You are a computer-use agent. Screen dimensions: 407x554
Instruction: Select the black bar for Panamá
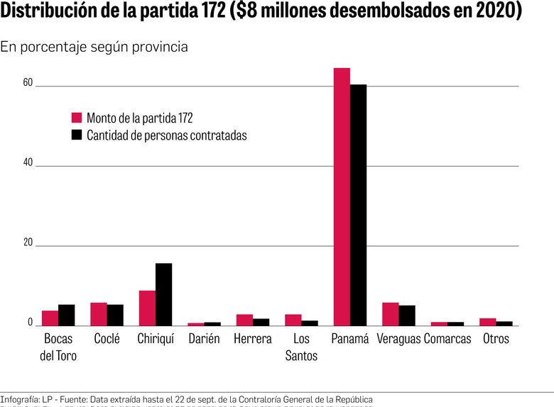(x=358, y=205)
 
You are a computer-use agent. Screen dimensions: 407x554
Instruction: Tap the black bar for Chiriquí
(x=163, y=294)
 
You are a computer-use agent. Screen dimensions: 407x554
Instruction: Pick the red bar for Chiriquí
(x=147, y=308)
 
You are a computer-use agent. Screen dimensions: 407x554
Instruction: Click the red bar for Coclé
(x=99, y=314)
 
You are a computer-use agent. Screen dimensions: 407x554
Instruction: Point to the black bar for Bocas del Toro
(x=66, y=315)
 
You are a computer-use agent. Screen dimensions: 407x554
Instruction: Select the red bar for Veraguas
(x=391, y=314)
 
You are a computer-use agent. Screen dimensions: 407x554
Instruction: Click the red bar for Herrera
(x=244, y=320)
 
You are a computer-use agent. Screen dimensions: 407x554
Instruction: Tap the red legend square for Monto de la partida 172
(x=77, y=117)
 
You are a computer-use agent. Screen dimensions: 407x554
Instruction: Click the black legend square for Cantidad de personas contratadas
(x=77, y=135)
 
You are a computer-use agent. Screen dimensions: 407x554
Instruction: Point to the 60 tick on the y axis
(x=28, y=83)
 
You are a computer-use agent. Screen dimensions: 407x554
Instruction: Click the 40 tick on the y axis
(x=28, y=162)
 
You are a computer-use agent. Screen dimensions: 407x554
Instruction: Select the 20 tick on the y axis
(x=28, y=242)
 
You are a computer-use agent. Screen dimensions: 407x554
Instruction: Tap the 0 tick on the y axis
(x=30, y=323)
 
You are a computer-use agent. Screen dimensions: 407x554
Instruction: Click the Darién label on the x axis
(x=204, y=339)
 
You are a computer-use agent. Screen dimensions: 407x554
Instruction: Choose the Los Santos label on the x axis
(x=301, y=347)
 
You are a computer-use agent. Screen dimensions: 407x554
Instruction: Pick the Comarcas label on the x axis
(x=447, y=339)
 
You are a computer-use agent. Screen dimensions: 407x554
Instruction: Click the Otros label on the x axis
(x=496, y=339)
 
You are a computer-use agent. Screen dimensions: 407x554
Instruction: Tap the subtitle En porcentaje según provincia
(x=94, y=48)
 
